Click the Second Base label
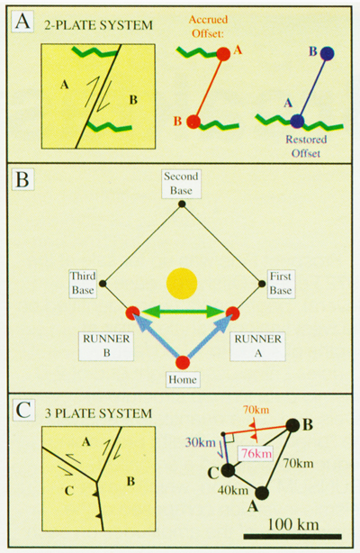click(x=181, y=184)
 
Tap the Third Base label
click(x=83, y=283)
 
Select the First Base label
click(x=281, y=284)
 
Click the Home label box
click(x=183, y=379)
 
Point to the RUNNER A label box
click(x=257, y=346)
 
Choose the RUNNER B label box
click(x=106, y=346)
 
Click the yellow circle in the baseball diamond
click(x=182, y=283)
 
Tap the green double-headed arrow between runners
click(x=182, y=312)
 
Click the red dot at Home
click(x=183, y=363)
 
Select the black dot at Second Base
click(x=182, y=204)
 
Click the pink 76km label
click(x=256, y=453)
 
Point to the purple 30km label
click(x=201, y=442)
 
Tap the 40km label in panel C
click(x=233, y=490)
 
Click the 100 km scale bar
click(x=292, y=537)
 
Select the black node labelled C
click(x=228, y=470)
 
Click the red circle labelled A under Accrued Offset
click(x=223, y=54)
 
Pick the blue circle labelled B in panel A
click(x=328, y=54)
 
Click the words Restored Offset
click(x=306, y=147)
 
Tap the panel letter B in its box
click(x=22, y=179)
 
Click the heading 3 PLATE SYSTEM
click(x=98, y=413)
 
